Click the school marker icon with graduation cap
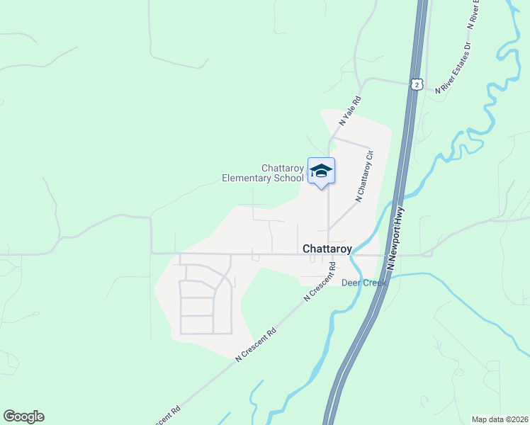coord(321,171)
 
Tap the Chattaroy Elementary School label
coord(263,173)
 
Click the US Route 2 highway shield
coord(417,84)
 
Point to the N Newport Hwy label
coord(396,239)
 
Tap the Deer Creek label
coord(364,283)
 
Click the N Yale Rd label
coord(350,111)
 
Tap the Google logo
coord(23,416)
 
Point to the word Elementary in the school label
coord(247,178)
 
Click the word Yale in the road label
coord(351,110)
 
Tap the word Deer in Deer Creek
coord(351,283)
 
